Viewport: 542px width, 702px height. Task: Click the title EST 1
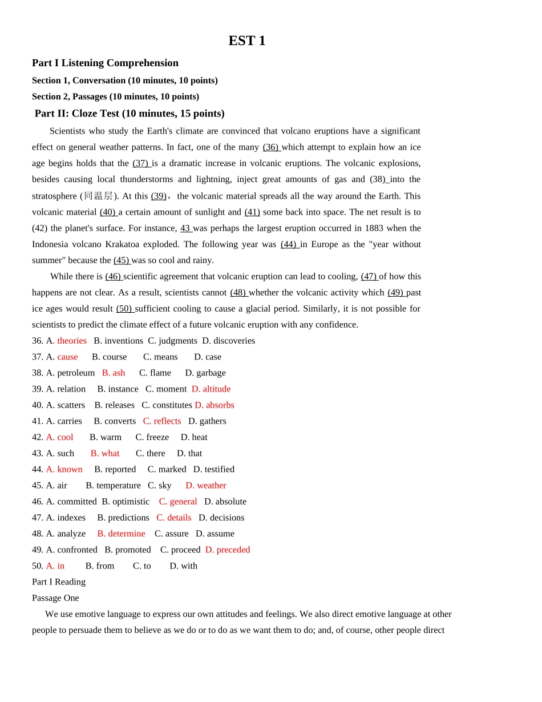click(246, 41)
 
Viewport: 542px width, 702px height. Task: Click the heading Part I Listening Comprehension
click(105, 63)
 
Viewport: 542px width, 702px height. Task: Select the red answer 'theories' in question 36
click(72, 341)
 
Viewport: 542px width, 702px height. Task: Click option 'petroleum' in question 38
click(76, 373)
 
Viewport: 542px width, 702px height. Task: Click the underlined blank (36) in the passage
click(271, 147)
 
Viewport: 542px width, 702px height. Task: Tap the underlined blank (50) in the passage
click(124, 309)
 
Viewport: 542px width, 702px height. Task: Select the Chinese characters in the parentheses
click(98, 196)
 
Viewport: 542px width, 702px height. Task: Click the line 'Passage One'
click(55, 598)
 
